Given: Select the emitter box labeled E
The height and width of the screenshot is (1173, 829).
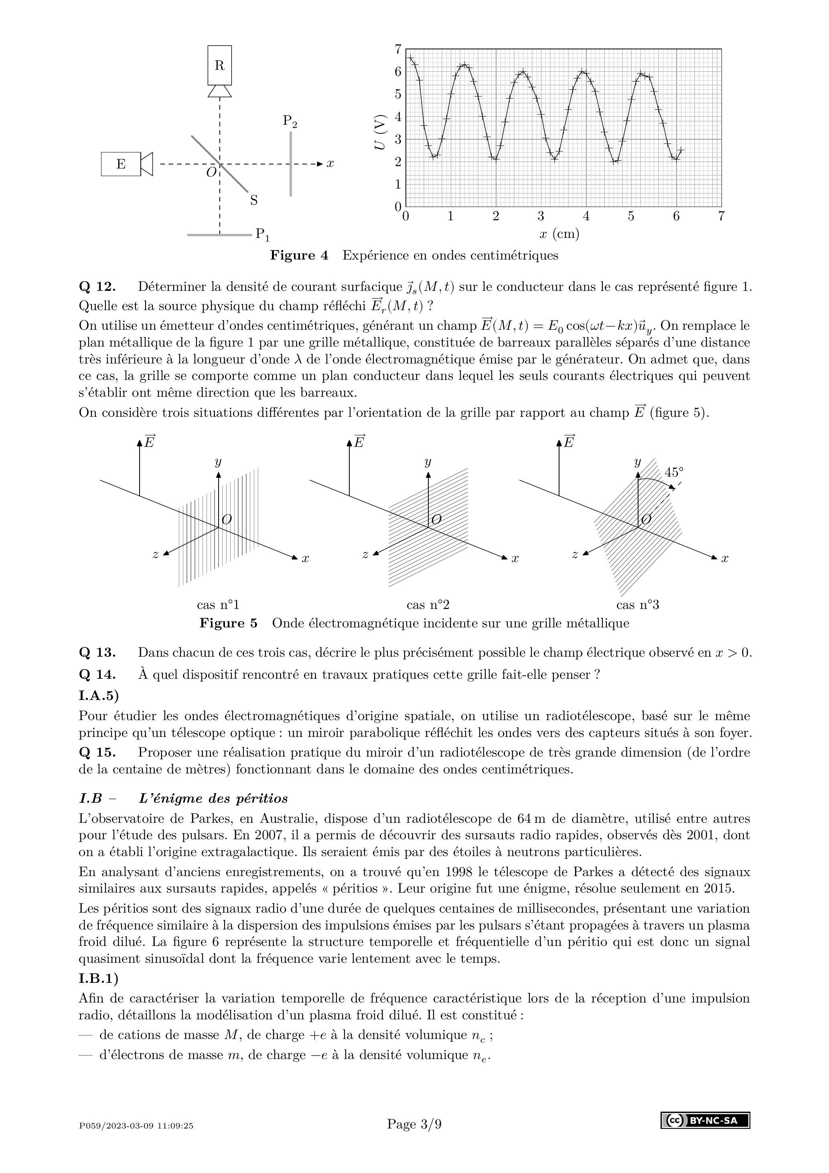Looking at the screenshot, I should click(121, 164).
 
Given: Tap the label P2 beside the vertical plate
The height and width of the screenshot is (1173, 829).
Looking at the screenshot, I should click(290, 121).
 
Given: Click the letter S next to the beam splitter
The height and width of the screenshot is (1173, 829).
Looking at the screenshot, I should click(254, 200).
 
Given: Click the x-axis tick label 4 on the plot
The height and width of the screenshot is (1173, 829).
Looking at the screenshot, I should click(586, 216).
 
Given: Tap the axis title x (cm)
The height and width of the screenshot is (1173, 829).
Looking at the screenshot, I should click(559, 234).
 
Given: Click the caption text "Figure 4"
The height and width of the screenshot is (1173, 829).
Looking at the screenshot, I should click(299, 256).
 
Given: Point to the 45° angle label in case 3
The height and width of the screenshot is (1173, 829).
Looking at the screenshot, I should click(674, 472).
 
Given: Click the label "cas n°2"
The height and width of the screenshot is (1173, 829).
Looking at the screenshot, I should click(428, 605).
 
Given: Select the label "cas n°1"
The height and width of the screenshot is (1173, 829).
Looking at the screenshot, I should click(218, 605).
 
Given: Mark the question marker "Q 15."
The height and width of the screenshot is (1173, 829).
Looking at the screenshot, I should click(97, 753).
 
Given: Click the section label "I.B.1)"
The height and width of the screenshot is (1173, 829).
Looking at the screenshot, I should click(98, 978).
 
